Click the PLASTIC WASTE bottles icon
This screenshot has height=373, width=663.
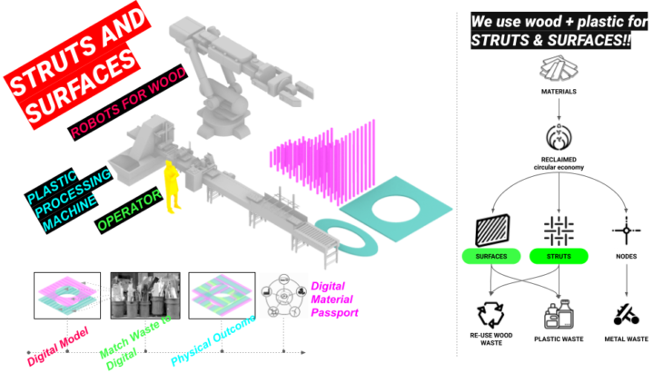(557, 313)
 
